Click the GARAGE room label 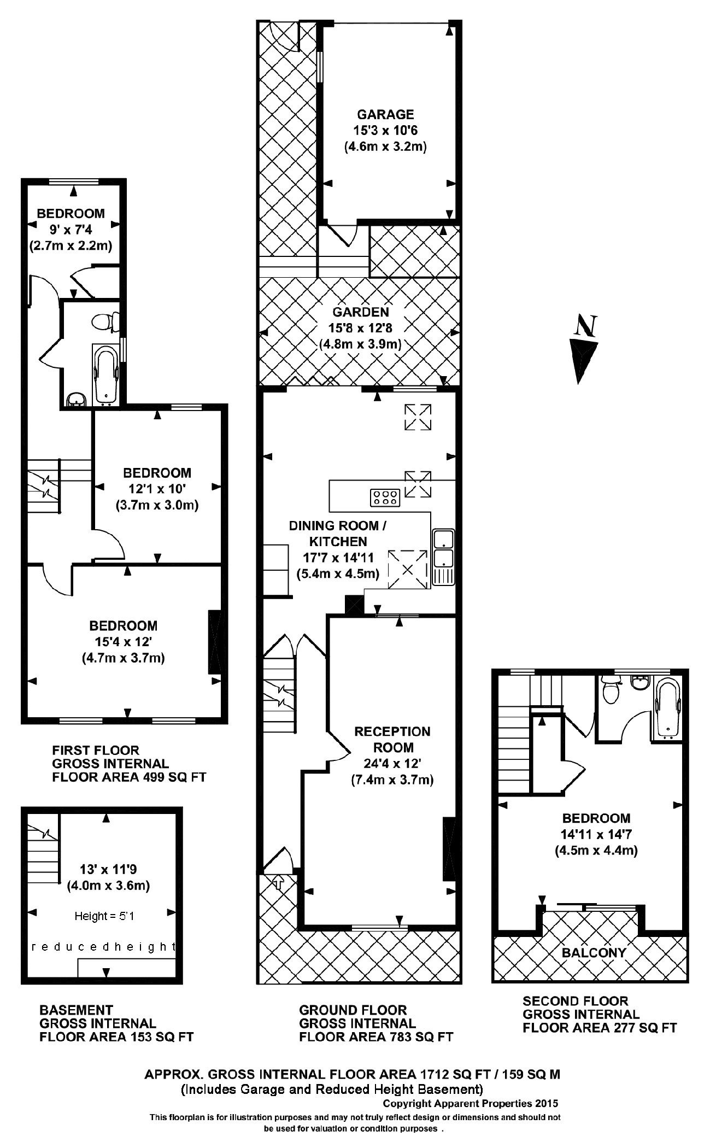(385, 115)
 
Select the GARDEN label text (361, 312)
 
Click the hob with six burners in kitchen (385, 497)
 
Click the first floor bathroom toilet (102, 321)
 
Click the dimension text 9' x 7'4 (71, 230)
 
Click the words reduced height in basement (104, 947)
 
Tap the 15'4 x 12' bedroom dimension (123, 642)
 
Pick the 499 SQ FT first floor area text (128, 777)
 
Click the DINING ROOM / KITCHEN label (337, 534)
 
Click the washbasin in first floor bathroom (76, 401)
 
